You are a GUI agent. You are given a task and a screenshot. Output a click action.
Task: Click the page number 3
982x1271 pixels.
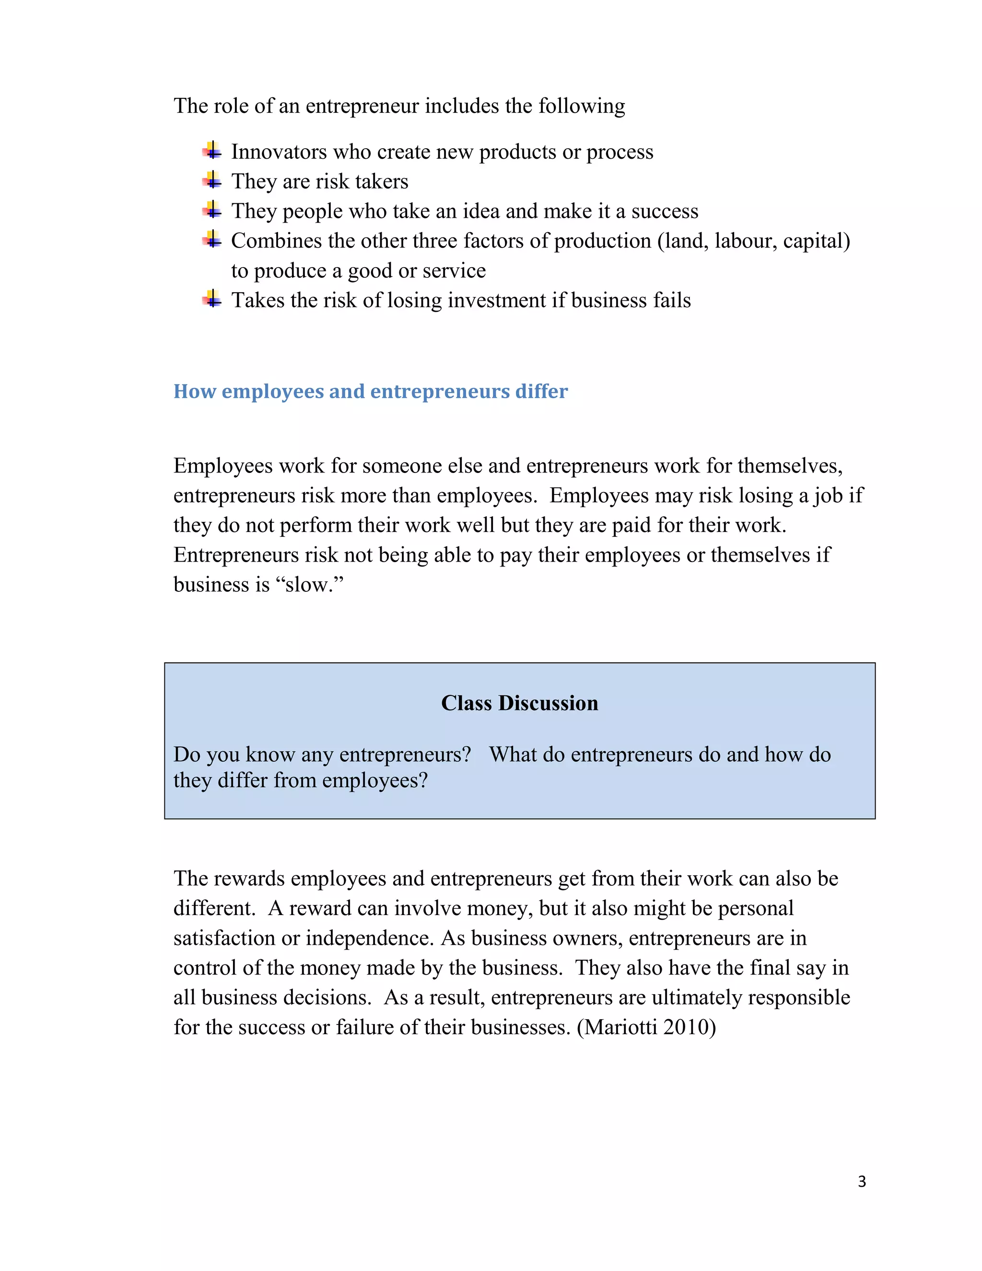[862, 1181]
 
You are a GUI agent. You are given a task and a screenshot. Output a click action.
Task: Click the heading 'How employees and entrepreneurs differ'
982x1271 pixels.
[371, 391]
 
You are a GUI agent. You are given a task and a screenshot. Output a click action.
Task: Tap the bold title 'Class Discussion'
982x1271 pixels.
[519, 703]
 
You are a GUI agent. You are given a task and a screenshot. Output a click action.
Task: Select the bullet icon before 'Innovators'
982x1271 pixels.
[212, 151]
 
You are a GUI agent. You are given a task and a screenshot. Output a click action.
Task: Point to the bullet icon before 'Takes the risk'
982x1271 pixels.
[212, 299]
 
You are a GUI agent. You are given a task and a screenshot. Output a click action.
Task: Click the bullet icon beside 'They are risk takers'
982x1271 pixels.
[212, 180]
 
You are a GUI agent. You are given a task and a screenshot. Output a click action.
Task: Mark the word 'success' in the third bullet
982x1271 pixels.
[665, 211]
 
